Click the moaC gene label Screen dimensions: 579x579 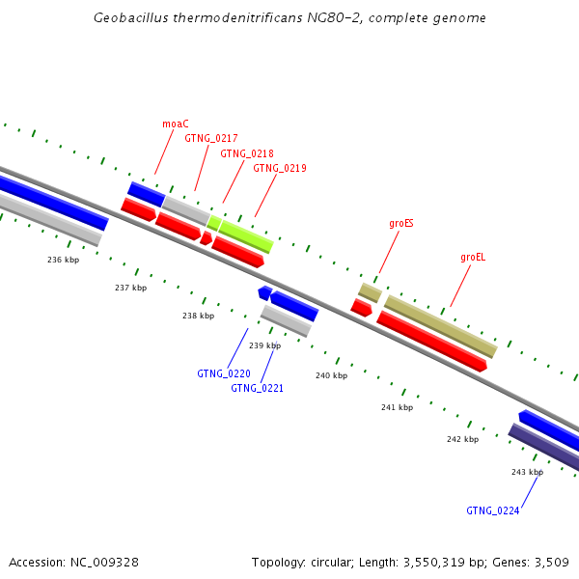(x=176, y=124)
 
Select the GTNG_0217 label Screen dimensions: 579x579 (x=211, y=139)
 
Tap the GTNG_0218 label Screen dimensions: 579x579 (x=247, y=153)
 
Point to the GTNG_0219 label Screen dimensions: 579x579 (x=280, y=168)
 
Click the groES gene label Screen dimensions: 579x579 (x=401, y=223)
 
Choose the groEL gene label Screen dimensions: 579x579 (x=473, y=258)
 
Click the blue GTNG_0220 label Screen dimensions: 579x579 (x=224, y=373)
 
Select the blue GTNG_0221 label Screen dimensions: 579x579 (x=257, y=388)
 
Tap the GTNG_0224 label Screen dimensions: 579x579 (x=492, y=510)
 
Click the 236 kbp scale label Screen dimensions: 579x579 (x=63, y=260)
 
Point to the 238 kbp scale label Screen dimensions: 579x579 (x=198, y=316)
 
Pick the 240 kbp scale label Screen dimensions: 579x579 (x=331, y=375)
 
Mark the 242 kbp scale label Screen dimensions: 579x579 (x=462, y=439)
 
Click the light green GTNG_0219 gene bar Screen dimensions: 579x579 (x=246, y=235)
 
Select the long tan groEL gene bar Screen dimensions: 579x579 (x=440, y=326)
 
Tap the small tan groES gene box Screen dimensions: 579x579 (x=370, y=291)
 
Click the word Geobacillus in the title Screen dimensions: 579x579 (x=128, y=18)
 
